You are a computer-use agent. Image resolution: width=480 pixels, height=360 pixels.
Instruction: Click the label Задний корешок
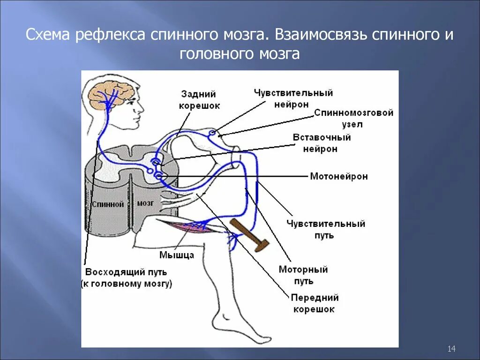point(199,100)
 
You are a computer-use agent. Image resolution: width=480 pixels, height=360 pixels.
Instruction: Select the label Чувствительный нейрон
point(293,98)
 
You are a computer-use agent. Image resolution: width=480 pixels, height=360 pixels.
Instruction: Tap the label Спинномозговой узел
point(353,119)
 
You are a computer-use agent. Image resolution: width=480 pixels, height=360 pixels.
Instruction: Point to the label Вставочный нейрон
point(322,143)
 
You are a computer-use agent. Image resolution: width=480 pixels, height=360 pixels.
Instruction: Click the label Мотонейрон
point(338,177)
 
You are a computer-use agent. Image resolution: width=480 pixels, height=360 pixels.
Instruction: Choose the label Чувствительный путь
point(326,229)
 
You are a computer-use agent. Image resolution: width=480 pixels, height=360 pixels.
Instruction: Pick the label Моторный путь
point(303,275)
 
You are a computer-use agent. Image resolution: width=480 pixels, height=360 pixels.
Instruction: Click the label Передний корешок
point(315,303)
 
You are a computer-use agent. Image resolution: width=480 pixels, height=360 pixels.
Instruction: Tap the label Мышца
point(177,255)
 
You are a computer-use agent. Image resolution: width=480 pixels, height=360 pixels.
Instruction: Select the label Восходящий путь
point(126,272)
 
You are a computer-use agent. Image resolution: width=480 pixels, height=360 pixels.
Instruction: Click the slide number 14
point(452,348)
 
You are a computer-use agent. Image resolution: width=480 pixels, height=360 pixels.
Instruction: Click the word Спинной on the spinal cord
point(108,204)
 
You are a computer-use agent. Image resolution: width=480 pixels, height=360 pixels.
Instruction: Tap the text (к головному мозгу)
point(126,284)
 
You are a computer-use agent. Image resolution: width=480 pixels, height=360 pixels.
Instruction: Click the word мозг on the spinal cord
point(145,203)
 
